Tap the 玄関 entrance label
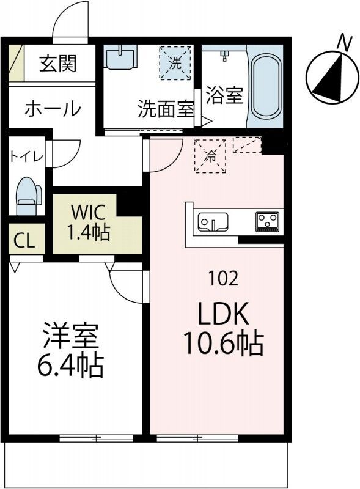(x=59, y=64)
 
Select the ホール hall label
(x=53, y=109)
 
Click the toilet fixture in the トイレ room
(x=28, y=195)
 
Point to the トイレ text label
(x=26, y=156)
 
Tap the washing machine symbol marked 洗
(x=175, y=62)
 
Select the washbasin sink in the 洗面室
(x=119, y=59)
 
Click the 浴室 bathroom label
(x=224, y=96)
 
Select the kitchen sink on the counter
(x=211, y=221)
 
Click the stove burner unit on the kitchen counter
(x=267, y=221)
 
